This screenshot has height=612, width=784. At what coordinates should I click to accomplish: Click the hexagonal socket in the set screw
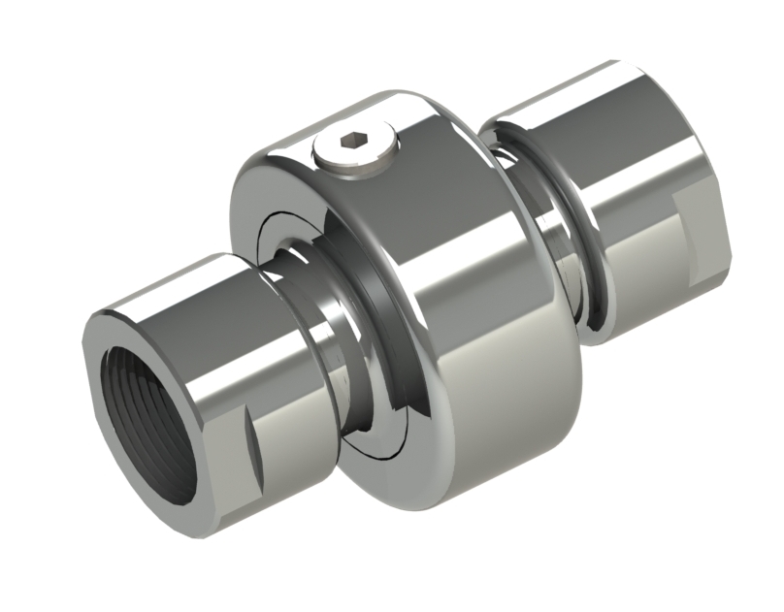(354, 145)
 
